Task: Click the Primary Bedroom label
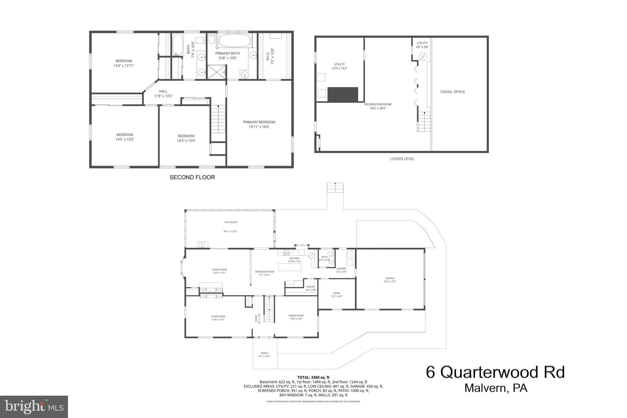tap(259, 122)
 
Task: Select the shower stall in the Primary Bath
tap(216, 72)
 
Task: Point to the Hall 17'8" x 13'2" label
tap(163, 93)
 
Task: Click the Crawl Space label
tap(452, 92)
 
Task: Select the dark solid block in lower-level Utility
tap(343, 94)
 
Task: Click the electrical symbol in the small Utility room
tap(422, 57)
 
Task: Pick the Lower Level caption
tap(402, 159)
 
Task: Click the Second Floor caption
tap(192, 177)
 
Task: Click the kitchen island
tap(290, 267)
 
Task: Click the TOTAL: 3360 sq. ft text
tap(313, 377)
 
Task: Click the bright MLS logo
tap(34, 406)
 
